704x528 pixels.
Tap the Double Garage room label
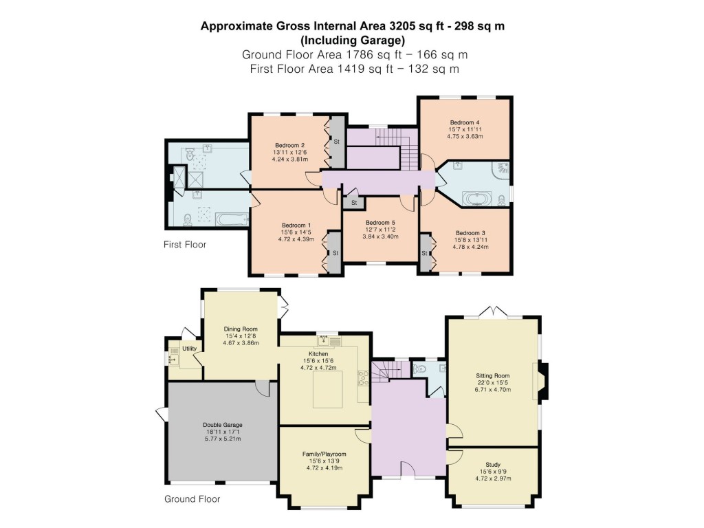click(x=222, y=425)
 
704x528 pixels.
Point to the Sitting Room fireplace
click(x=541, y=381)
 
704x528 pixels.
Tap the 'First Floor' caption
click(x=184, y=244)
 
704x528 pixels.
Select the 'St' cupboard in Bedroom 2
click(x=337, y=142)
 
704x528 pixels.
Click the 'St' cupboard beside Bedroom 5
click(x=353, y=203)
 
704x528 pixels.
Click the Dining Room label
click(x=241, y=329)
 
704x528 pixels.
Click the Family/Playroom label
click(x=324, y=454)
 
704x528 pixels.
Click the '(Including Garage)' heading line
click(x=351, y=40)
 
